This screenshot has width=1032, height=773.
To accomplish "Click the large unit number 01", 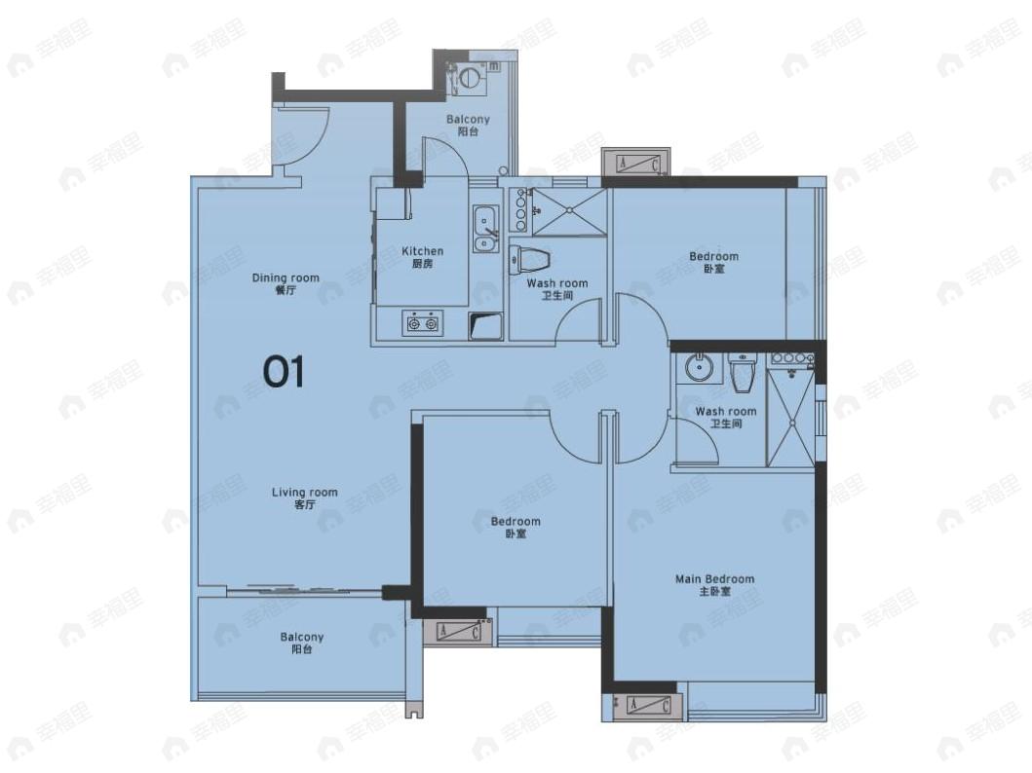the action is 284,371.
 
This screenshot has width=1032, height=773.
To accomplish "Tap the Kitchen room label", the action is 423,257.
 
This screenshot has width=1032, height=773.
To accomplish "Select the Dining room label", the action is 286,283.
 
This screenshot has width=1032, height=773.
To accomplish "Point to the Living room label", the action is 305,497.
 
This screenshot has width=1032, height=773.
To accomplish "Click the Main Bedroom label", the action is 714,585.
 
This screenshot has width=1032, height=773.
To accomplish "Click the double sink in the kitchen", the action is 485,228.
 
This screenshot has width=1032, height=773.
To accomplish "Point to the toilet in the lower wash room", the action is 743,372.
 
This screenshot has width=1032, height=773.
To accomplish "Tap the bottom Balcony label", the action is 301,643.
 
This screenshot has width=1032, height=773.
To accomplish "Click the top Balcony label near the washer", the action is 468,125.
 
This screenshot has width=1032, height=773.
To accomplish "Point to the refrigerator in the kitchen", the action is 393,204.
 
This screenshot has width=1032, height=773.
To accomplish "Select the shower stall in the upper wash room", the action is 569,211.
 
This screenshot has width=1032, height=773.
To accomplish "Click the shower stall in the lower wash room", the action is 791,420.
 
